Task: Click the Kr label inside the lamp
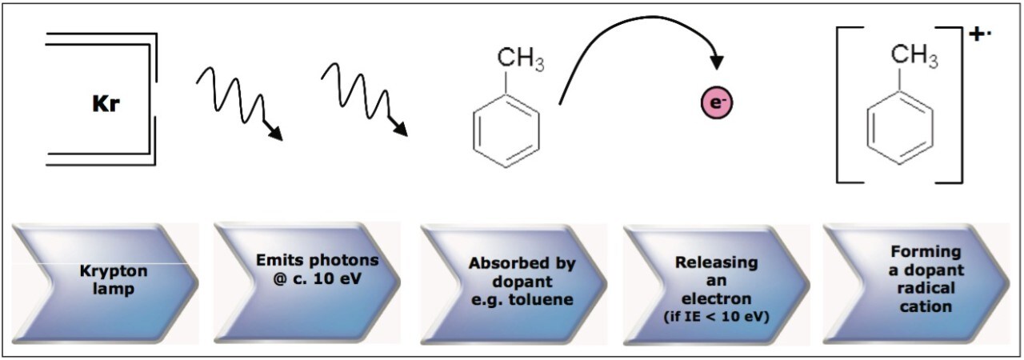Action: (x=106, y=106)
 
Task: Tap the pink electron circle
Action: (x=717, y=103)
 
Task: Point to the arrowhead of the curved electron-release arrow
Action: (x=717, y=62)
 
